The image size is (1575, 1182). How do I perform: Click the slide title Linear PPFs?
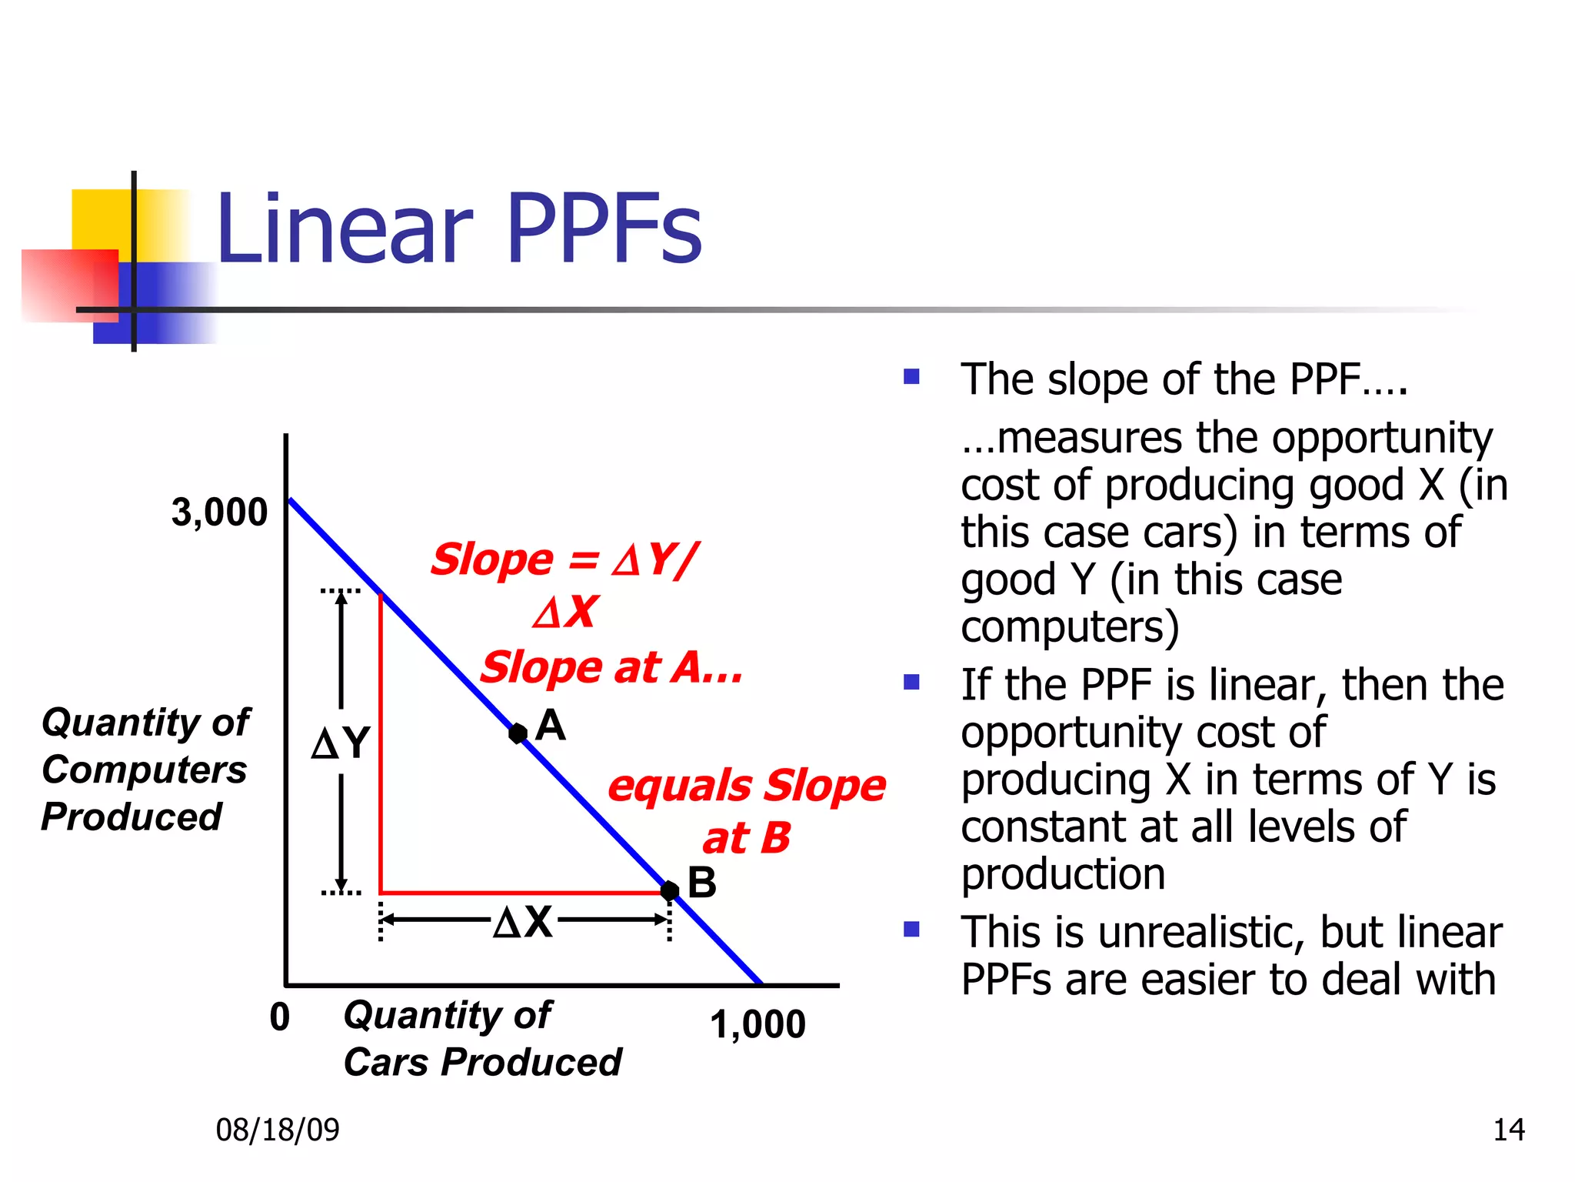(458, 229)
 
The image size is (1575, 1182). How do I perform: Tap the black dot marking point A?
(518, 733)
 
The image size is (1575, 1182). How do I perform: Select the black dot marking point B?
(670, 890)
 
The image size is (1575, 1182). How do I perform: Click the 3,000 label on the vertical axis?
(219, 513)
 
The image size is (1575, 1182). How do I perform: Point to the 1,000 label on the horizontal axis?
(758, 1024)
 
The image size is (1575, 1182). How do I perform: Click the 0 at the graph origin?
(280, 1017)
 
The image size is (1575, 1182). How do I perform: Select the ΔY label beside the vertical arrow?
(341, 743)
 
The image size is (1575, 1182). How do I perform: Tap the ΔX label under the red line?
(523, 921)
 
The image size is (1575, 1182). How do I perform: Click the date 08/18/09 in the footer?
(278, 1130)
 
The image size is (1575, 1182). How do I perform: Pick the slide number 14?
(1508, 1130)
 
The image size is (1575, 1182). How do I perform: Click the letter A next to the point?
(551, 725)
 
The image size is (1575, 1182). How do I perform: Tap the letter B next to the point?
(701, 883)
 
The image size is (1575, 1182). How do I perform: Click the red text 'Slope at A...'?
(611, 666)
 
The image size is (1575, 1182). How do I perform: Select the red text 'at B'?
(746, 837)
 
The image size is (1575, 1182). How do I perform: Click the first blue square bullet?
(911, 376)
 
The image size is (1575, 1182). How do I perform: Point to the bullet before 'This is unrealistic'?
(911, 930)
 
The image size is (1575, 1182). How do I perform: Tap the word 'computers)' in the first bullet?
(1070, 626)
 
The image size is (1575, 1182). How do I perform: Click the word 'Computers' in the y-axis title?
(145, 770)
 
